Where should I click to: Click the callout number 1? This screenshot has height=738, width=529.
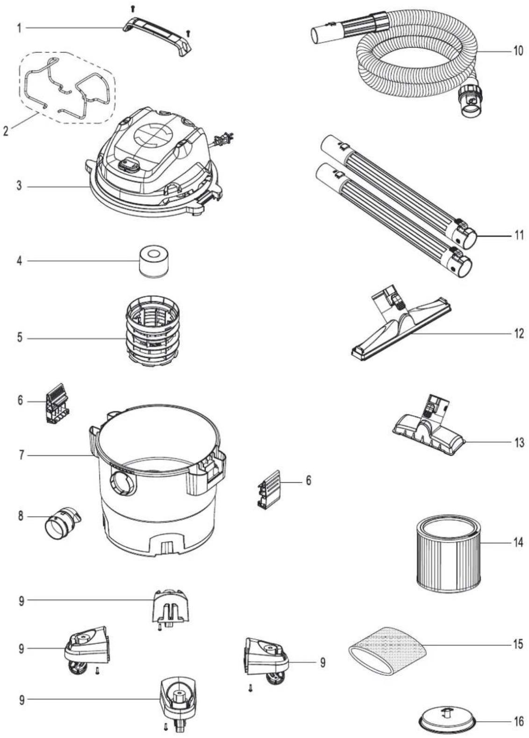[x=19, y=29]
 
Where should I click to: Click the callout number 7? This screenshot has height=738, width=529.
[x=21, y=456]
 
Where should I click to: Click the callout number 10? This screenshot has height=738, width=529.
[x=518, y=51]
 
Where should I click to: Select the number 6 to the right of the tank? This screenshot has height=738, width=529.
[x=308, y=481]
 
